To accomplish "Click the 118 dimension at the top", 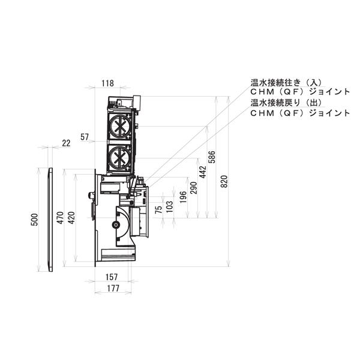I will coord(108,84).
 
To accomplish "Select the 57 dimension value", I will coord(85,137).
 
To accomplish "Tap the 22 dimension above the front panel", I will coord(66,143).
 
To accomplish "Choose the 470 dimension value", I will coord(60,218).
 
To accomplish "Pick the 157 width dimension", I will coord(112,277).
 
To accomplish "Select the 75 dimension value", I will coord(158,209).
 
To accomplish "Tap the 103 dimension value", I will coord(169,207).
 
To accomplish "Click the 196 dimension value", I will coord(182,197).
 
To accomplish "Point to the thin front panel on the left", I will coord(50,220).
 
